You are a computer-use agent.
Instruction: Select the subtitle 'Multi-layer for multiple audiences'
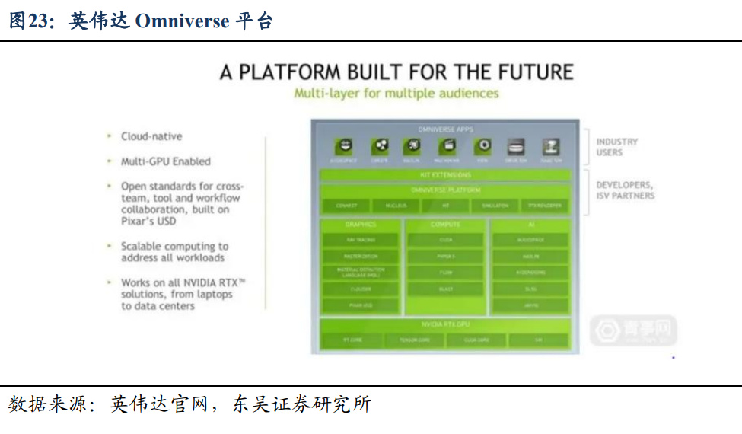(x=396, y=93)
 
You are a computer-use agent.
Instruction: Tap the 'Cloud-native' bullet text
(x=151, y=136)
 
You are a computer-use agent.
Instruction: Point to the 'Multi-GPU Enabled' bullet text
(x=165, y=161)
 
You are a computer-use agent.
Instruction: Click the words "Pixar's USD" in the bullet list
(x=148, y=221)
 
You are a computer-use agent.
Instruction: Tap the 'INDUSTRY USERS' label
(x=616, y=147)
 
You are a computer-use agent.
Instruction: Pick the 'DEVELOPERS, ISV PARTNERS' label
(x=624, y=190)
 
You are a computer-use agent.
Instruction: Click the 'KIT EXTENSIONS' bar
(x=445, y=175)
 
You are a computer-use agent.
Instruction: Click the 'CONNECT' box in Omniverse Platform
(x=346, y=206)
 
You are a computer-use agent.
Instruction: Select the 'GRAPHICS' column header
(x=361, y=225)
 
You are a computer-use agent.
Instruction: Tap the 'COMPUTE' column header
(x=445, y=225)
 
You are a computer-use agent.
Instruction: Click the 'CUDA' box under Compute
(x=445, y=240)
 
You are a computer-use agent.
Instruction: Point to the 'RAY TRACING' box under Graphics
(x=361, y=240)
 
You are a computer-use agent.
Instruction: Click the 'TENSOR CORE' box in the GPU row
(x=415, y=340)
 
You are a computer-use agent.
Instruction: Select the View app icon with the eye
(x=482, y=147)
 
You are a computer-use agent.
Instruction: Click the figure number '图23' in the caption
(x=27, y=21)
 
